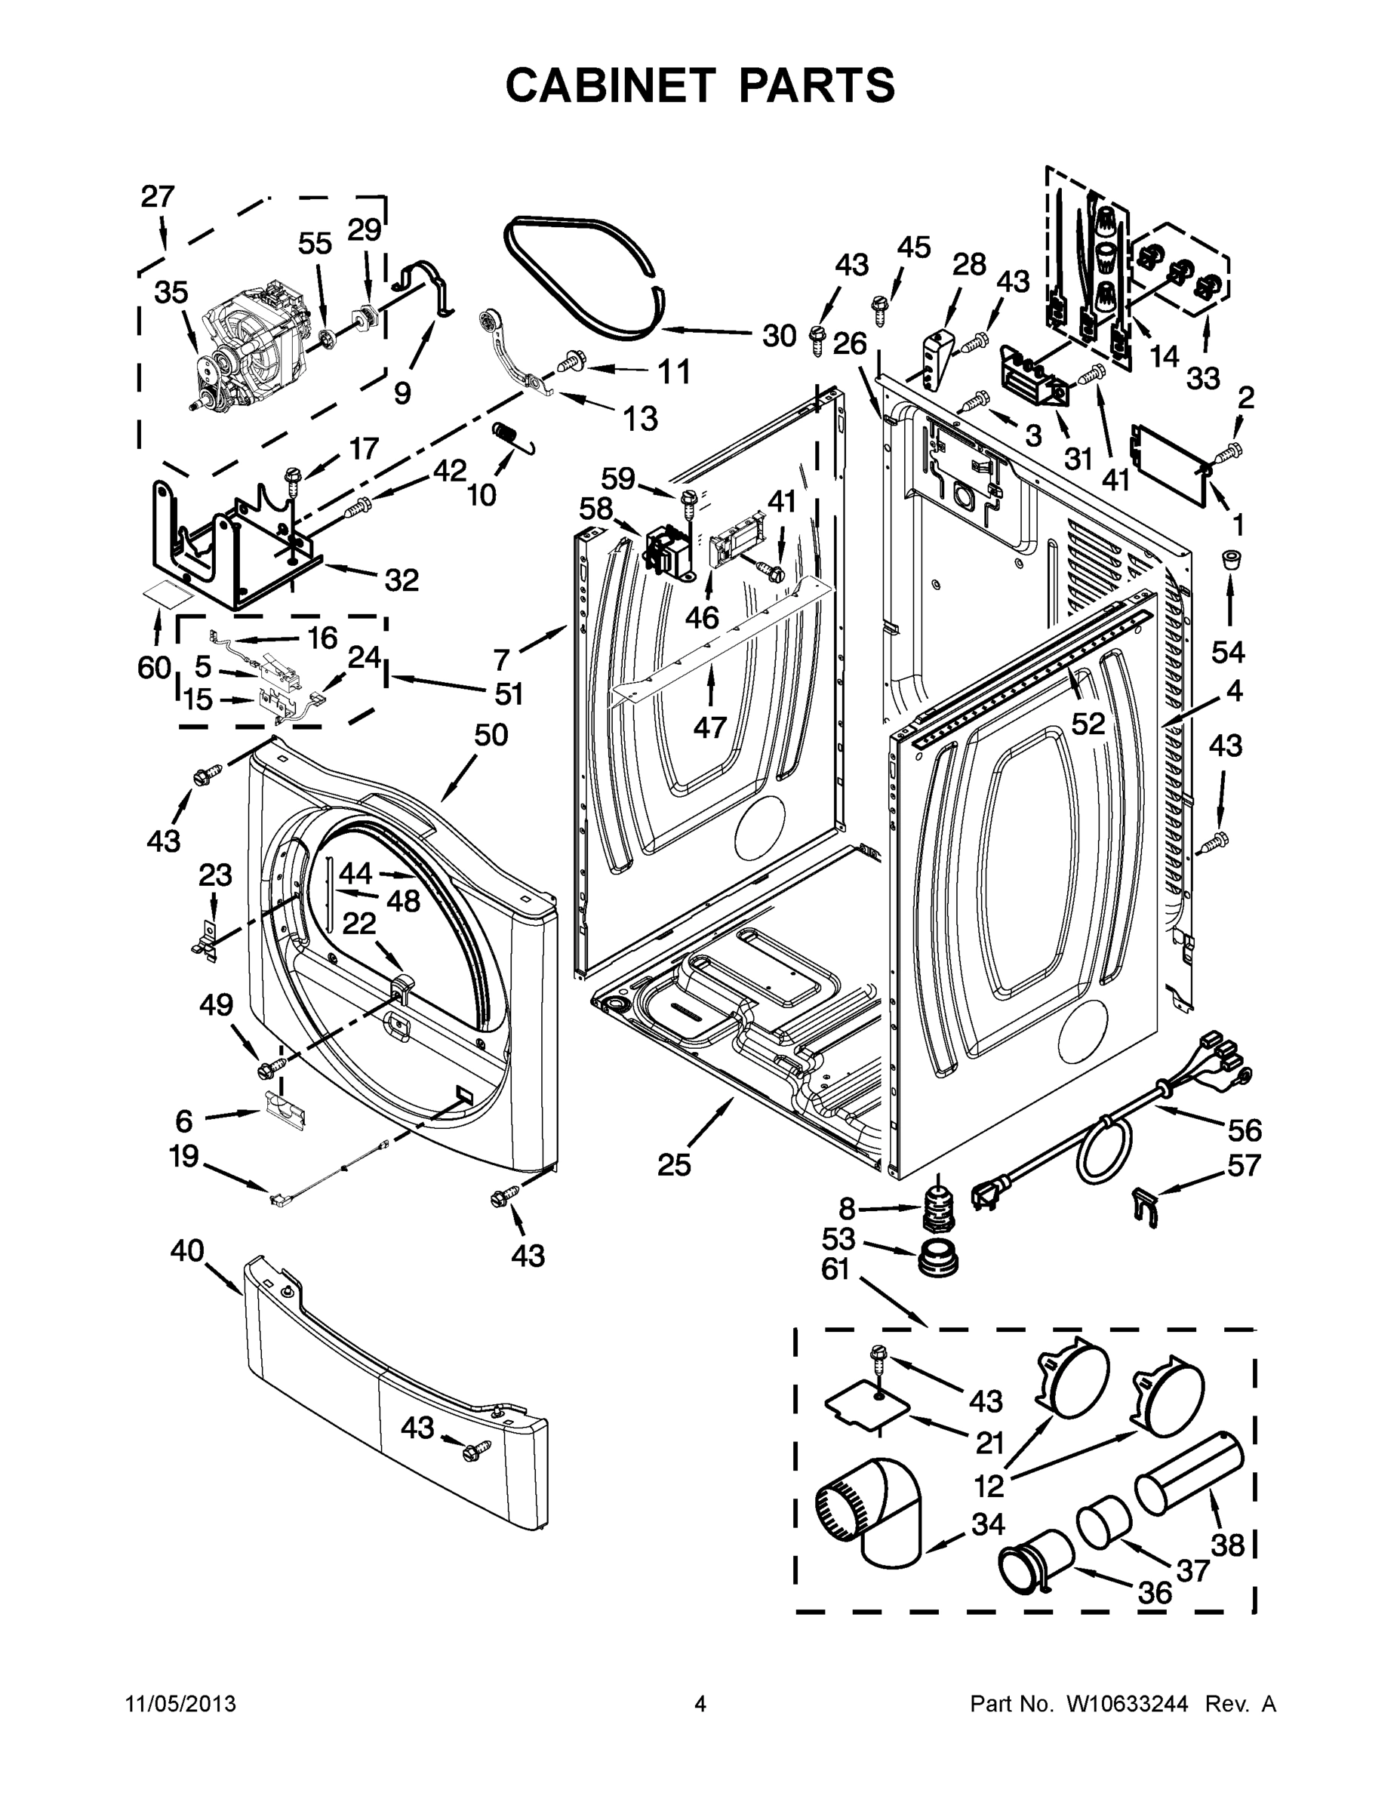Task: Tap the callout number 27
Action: pyautogui.click(x=158, y=198)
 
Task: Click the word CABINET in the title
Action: pyautogui.click(x=611, y=85)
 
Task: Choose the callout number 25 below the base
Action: pyautogui.click(x=673, y=1165)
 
